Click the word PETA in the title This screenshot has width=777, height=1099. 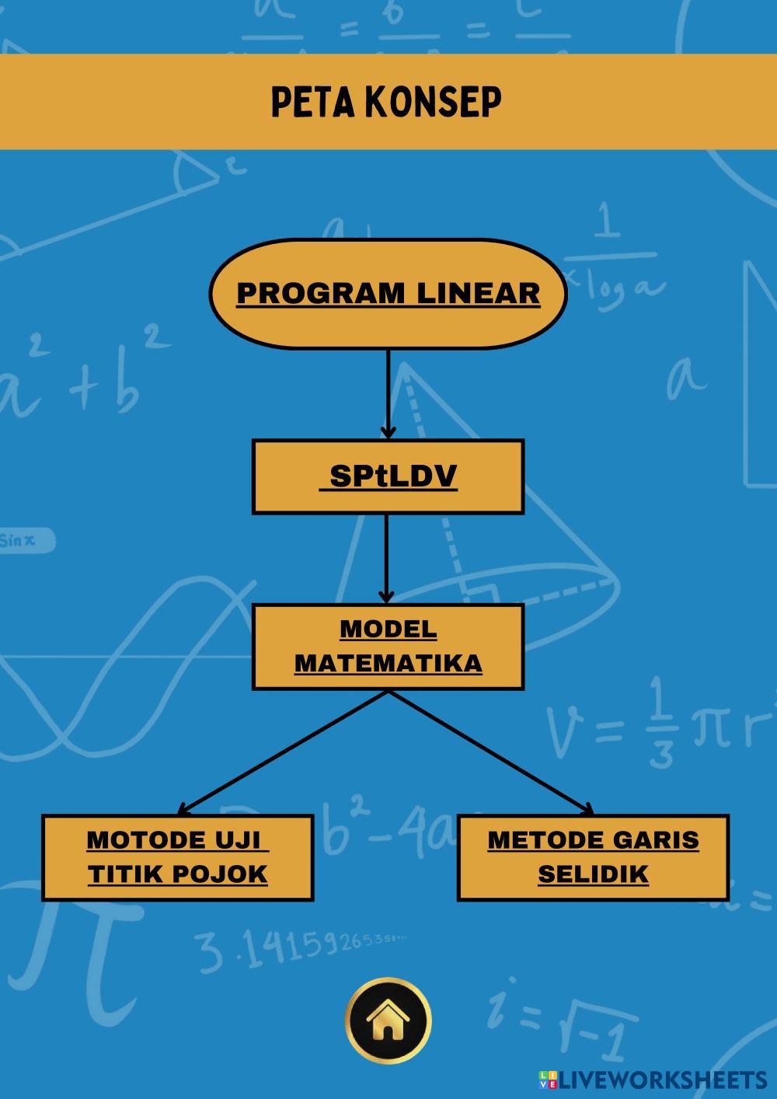coord(313,102)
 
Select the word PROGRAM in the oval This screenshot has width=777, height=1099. coord(321,293)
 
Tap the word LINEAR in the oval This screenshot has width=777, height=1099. coord(479,293)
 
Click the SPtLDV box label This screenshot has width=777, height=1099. coord(393,476)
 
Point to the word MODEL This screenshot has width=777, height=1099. coord(388,629)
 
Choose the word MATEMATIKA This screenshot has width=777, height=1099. coord(388,663)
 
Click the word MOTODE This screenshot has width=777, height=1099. coord(146,839)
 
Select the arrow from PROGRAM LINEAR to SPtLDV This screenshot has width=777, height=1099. coord(388,394)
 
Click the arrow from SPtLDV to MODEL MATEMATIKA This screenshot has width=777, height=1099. coord(386,559)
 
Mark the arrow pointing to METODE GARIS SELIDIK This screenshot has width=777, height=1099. coord(491,753)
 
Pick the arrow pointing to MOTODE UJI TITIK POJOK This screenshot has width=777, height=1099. coord(283,753)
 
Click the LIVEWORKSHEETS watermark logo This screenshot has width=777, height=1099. coord(653,1080)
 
